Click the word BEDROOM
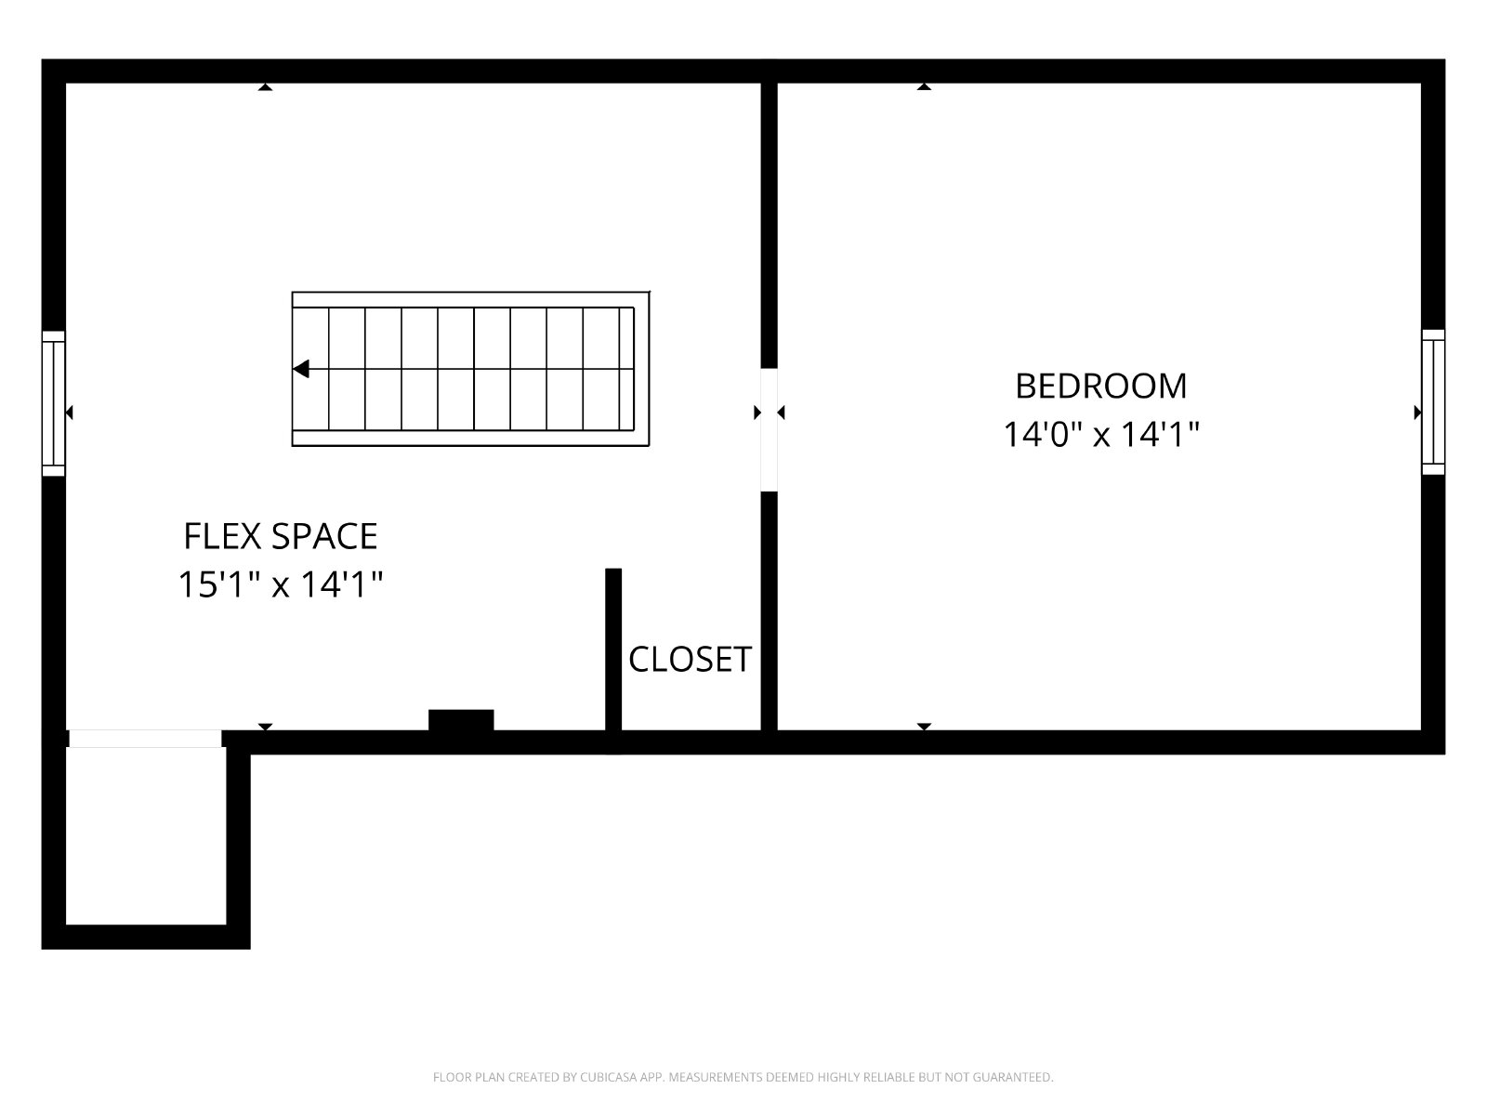click(x=1101, y=386)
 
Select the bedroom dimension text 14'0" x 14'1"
click(x=1101, y=434)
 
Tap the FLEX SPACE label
click(x=281, y=536)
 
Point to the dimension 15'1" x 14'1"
click(x=281, y=584)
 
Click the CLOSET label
click(x=690, y=660)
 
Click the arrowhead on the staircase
click(x=301, y=369)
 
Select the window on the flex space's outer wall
click(x=54, y=403)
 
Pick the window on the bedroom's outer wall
click(x=1433, y=402)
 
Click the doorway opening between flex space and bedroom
click(x=769, y=429)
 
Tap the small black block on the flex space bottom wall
click(x=461, y=719)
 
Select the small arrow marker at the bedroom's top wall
click(x=924, y=86)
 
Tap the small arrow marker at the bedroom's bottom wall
click(x=924, y=727)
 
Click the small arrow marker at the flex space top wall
click(x=265, y=86)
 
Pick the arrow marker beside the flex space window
click(x=69, y=413)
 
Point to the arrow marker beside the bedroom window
click(x=1418, y=413)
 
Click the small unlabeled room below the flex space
click(x=146, y=836)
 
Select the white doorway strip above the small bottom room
click(x=145, y=739)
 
